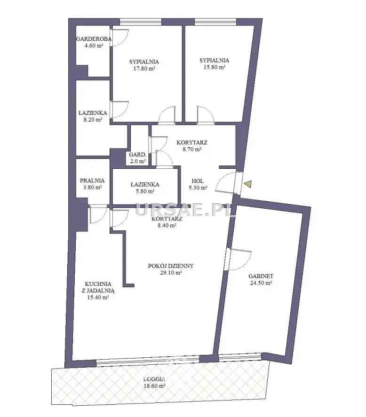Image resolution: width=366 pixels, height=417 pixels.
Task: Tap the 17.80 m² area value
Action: [144, 69]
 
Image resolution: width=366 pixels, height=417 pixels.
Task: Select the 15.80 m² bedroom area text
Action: [214, 67]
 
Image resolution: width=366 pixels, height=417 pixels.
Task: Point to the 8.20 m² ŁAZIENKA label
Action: [93, 116]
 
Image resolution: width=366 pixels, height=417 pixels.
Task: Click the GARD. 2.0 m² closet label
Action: [137, 157]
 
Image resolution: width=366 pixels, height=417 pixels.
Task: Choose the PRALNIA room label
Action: [92, 181]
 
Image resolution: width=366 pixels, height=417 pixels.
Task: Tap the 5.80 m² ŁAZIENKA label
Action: [145, 188]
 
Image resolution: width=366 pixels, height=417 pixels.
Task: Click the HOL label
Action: [198, 181]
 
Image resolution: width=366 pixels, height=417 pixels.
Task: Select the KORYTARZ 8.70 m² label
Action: [191, 146]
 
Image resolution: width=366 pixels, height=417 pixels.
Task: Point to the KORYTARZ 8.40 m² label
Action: [167, 222]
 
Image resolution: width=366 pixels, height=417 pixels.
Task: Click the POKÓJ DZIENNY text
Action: [171, 266]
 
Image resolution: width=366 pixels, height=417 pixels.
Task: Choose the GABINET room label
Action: [261, 276]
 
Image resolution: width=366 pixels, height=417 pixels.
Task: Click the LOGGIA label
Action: [154, 379]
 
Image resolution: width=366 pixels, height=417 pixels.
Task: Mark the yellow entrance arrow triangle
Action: [248, 184]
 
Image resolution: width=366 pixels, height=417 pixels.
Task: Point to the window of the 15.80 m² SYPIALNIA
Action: [215, 22]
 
